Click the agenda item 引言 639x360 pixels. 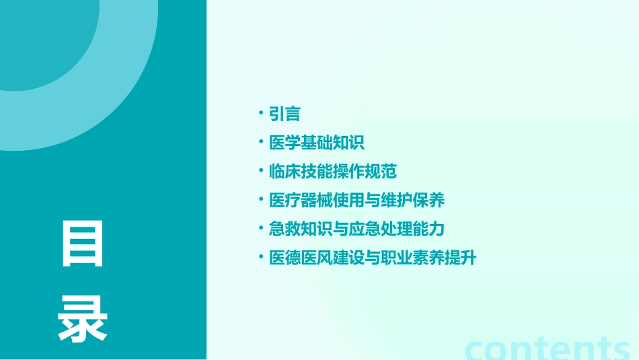tap(285, 114)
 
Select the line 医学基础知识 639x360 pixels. tap(317, 143)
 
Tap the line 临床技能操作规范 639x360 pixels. tap(333, 172)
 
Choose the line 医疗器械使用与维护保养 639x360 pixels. tap(356, 201)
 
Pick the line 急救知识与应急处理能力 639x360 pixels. tap(356, 229)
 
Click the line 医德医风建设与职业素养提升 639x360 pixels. tap(373, 258)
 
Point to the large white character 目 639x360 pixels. tap(83, 244)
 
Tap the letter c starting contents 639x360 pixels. tap(476, 349)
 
